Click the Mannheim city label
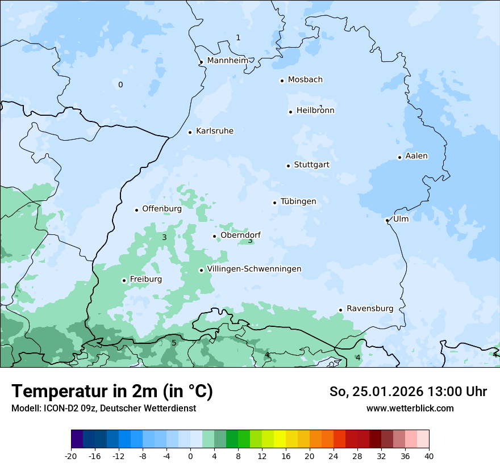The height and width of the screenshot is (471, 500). (228, 61)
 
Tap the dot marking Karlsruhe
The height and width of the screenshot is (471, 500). (190, 132)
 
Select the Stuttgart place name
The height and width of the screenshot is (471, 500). (311, 165)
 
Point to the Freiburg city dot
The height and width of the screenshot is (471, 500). (124, 280)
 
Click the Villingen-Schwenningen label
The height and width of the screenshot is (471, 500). (254, 269)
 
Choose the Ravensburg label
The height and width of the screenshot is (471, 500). (370, 309)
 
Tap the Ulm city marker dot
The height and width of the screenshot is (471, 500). (387, 220)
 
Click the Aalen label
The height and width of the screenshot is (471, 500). (416, 156)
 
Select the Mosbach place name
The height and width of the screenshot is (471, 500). (305, 80)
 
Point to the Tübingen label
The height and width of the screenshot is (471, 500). (298, 202)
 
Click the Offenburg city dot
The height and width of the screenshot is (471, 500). (136, 210)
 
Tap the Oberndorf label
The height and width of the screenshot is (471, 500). (240, 235)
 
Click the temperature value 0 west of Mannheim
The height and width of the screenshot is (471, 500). (120, 85)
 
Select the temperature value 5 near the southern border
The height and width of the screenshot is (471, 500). (174, 343)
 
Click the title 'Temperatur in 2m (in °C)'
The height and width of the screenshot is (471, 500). (112, 391)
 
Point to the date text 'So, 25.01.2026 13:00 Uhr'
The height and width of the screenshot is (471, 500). (408, 392)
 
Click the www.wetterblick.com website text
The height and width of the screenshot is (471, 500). (410, 408)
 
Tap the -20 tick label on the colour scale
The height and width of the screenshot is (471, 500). (71, 456)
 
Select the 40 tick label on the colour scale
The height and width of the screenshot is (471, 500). (428, 456)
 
